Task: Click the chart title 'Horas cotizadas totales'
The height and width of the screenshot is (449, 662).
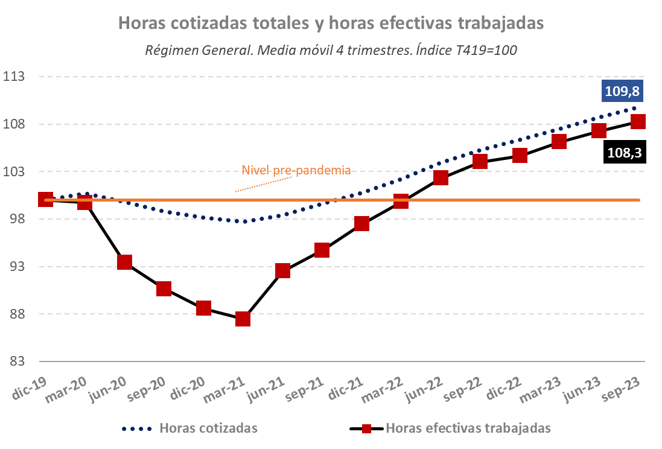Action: pyautogui.click(x=331, y=23)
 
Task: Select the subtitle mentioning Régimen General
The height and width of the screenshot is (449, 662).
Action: pyautogui.click(x=331, y=50)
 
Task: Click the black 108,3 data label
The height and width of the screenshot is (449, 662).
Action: pyautogui.click(x=624, y=153)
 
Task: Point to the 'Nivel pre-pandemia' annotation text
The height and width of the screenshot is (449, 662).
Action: pyautogui.click(x=296, y=170)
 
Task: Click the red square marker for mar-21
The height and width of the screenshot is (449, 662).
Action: pyautogui.click(x=243, y=319)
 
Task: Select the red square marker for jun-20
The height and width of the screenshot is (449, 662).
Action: pyautogui.click(x=125, y=262)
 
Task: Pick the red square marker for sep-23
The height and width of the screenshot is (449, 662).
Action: pyautogui.click(x=638, y=122)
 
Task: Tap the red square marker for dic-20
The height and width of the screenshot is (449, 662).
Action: pyautogui.click(x=203, y=308)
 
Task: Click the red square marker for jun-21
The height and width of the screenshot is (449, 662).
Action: pyautogui.click(x=282, y=270)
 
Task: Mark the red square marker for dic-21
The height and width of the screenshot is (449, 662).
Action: pyautogui.click(x=361, y=224)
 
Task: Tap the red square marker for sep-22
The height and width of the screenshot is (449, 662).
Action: pyautogui.click(x=480, y=161)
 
